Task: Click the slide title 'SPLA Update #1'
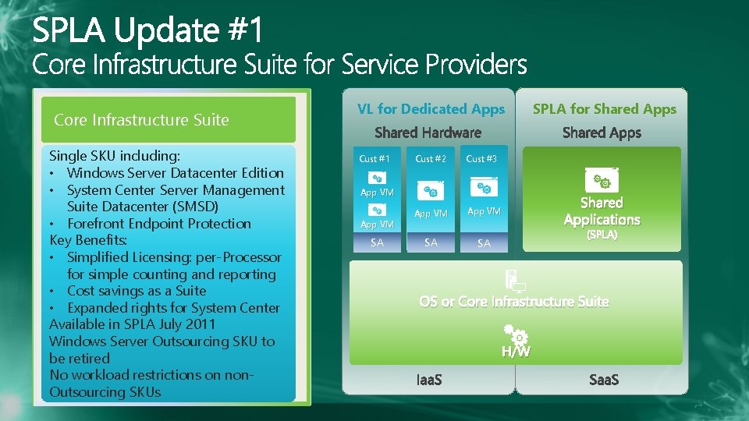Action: [x=149, y=30]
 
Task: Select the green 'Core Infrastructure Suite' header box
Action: [x=168, y=120]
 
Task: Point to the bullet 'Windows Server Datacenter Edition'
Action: [x=175, y=173]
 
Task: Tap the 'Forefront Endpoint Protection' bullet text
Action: [x=158, y=224]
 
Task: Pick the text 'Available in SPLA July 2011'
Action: [x=132, y=324]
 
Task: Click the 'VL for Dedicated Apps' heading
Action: [x=431, y=109]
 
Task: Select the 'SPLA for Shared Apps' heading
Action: [x=604, y=109]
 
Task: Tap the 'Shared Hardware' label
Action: [x=428, y=133]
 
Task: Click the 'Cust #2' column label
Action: [x=431, y=159]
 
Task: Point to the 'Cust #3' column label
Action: [x=481, y=159]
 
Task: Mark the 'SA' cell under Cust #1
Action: [x=377, y=243]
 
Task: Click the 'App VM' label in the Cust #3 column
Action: [x=484, y=211]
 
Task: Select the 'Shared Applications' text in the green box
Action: [x=602, y=211]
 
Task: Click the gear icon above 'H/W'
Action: [x=516, y=334]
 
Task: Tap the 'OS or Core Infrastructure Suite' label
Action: [x=514, y=302]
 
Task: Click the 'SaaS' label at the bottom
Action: [x=603, y=380]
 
